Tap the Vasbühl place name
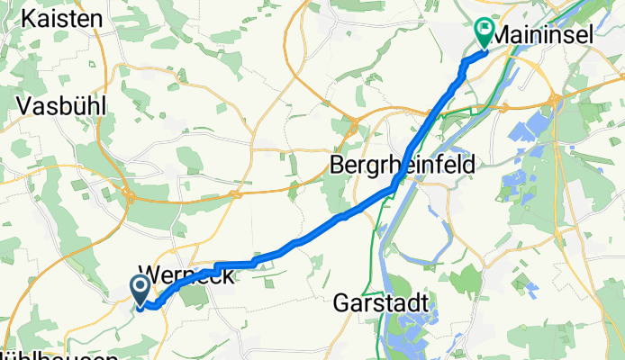coord(61,105)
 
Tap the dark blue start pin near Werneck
coord(141,290)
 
